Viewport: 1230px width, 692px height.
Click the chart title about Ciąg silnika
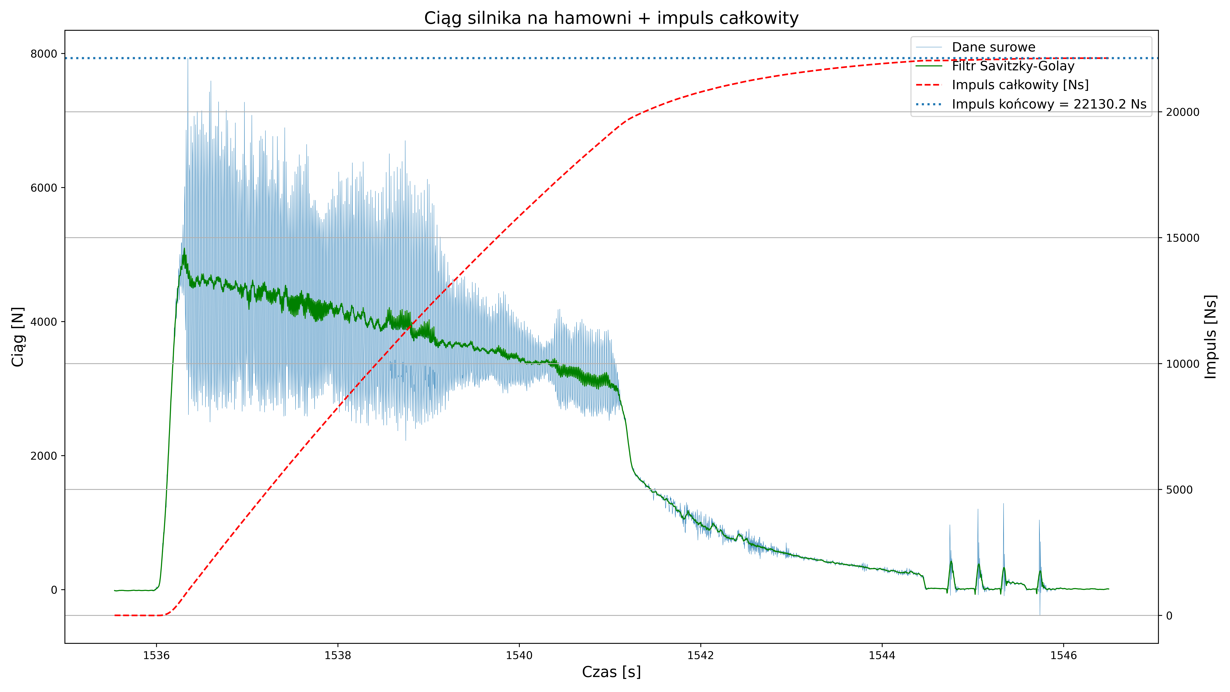pos(611,18)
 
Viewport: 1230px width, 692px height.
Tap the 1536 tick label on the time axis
pos(156,655)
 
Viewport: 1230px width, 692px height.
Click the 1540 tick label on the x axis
pos(519,655)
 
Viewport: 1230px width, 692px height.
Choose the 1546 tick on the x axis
pos(1063,655)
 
